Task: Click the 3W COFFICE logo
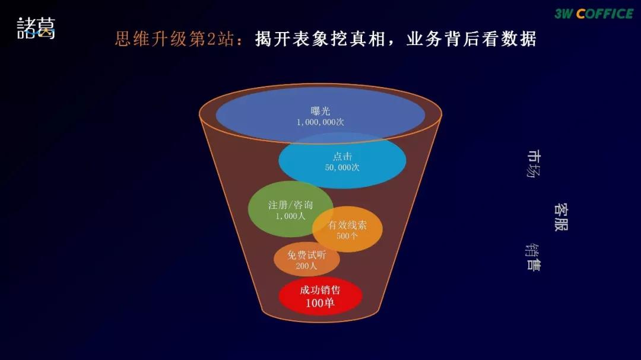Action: click(x=594, y=14)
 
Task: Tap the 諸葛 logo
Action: click(x=36, y=28)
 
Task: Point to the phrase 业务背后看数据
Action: click(x=472, y=39)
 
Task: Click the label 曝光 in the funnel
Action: click(x=320, y=111)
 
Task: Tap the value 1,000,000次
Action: click(x=320, y=122)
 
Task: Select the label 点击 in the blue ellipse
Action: click(x=342, y=157)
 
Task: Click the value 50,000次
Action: click(x=342, y=168)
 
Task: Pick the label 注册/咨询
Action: click(x=290, y=205)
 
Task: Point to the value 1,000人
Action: click(x=290, y=216)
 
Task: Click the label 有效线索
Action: click(x=347, y=225)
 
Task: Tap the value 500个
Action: click(x=347, y=235)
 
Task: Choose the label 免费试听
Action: click(x=307, y=255)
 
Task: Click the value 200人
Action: click(x=307, y=266)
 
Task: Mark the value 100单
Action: click(x=320, y=303)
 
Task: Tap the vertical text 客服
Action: click(x=561, y=217)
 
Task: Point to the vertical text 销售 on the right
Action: click(x=533, y=257)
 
